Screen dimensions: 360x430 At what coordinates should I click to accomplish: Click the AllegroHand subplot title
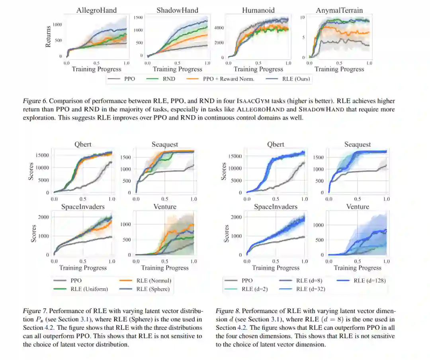tap(96, 10)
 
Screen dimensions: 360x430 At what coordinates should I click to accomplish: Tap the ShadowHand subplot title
tap(177, 10)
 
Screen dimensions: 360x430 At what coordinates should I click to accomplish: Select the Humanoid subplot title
tap(258, 10)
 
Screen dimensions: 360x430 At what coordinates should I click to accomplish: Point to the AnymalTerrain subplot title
tap(339, 10)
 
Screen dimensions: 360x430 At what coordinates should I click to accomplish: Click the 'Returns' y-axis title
tap(49, 36)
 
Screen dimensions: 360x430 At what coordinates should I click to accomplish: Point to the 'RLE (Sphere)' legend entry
tap(153, 289)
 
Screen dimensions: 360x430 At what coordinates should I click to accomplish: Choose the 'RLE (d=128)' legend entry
tap(369, 280)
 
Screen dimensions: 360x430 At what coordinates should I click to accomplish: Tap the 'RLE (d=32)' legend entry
tap(311, 289)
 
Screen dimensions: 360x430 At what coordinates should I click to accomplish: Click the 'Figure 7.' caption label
tap(35, 311)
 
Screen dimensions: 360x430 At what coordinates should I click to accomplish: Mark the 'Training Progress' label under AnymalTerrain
tap(339, 69)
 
